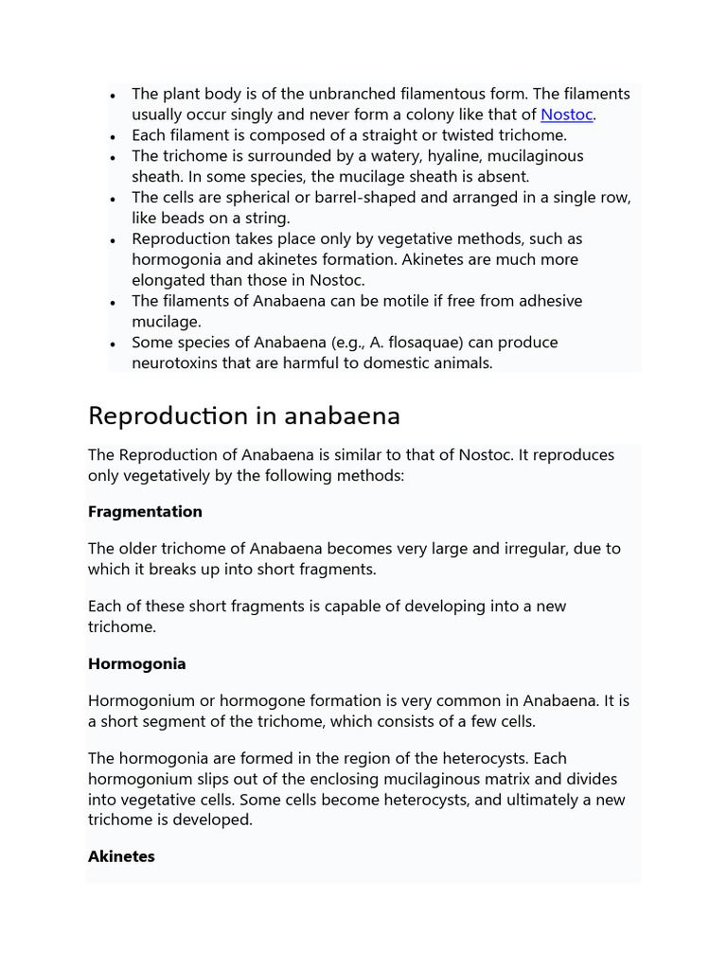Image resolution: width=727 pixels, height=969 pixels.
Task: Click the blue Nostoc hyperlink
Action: point(566,115)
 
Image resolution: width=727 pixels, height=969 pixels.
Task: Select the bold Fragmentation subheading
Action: point(145,512)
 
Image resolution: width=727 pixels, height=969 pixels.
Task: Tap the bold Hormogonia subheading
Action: point(136,664)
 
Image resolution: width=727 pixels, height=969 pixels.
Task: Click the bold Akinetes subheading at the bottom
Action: point(121,856)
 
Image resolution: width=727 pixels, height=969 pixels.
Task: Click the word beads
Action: point(185,219)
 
